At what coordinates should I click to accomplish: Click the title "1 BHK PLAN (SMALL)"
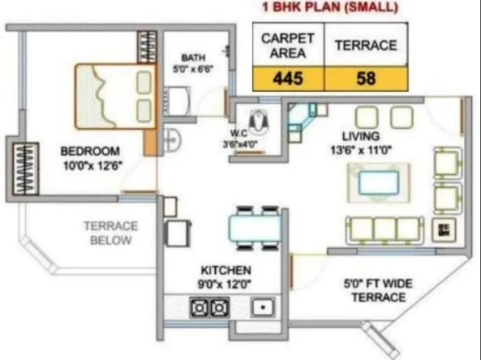330,8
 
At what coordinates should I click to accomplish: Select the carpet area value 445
288,79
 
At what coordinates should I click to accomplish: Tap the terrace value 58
365,79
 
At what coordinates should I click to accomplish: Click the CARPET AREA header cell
288,45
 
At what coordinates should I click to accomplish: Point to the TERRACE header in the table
366,45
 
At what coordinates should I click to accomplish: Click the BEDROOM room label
90,151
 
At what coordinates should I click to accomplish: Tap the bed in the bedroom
114,96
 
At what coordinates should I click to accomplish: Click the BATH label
193,58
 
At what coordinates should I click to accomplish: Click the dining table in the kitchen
254,226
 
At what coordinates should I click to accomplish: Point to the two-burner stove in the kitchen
209,307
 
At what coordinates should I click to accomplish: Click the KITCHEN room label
225,269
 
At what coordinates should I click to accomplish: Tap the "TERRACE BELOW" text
110,234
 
